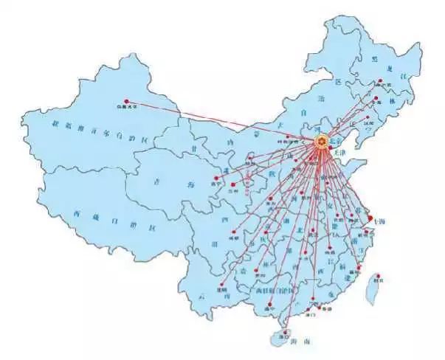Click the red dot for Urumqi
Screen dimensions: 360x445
point(126,101)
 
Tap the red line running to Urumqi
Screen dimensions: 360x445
point(221,121)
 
